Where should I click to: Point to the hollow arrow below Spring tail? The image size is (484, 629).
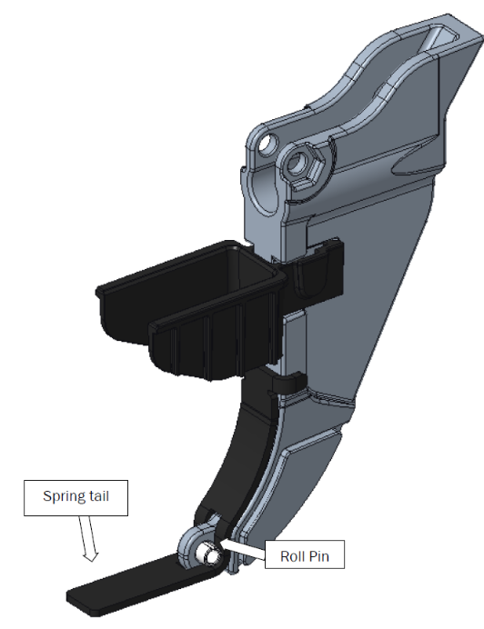(x=91, y=537)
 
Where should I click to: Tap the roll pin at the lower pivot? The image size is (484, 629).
(x=208, y=554)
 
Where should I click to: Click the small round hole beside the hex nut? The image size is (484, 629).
(x=267, y=145)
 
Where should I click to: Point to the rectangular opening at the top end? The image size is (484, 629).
(x=435, y=35)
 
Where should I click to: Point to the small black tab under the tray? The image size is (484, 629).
(x=287, y=383)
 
